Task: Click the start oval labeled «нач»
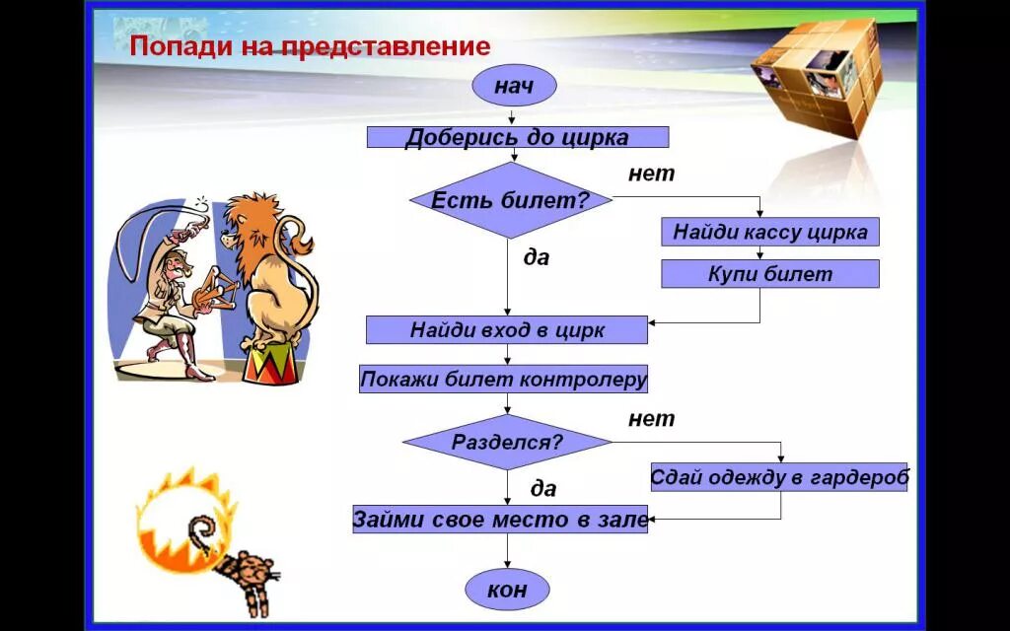[x=513, y=87]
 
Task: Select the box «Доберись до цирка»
[x=517, y=137]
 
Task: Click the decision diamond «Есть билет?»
[x=510, y=200]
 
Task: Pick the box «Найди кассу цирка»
[x=769, y=232]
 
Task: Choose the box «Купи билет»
[x=769, y=273]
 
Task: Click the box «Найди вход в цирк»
[x=506, y=329]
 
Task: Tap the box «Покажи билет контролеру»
[x=503, y=379]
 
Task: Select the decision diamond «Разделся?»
[x=507, y=442]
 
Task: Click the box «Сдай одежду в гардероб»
[x=778, y=477]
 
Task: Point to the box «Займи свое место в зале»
[x=500, y=519]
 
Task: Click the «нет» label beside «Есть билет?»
[x=651, y=174]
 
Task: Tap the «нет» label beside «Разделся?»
[x=651, y=418]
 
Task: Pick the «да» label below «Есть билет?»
[x=536, y=257]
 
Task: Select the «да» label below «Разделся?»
[x=542, y=488]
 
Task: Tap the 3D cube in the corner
[x=815, y=78]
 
